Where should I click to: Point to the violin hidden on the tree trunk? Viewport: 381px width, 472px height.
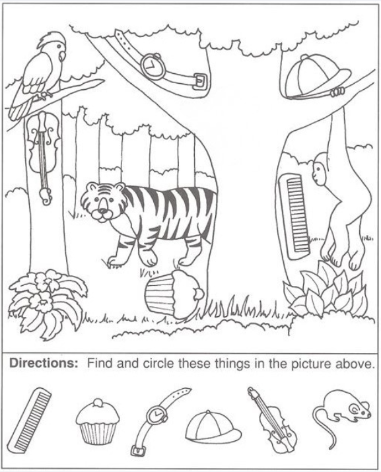(42, 156)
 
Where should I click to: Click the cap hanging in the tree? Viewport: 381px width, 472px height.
(316, 77)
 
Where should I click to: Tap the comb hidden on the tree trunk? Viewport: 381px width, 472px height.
(294, 216)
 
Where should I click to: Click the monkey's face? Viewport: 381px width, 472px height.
(318, 173)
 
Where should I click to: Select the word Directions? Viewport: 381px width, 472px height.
(44, 363)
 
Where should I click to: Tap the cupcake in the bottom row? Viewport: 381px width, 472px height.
(98, 421)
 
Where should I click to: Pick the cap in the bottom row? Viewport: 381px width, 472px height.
(213, 425)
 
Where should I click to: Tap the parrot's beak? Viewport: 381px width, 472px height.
(62, 56)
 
